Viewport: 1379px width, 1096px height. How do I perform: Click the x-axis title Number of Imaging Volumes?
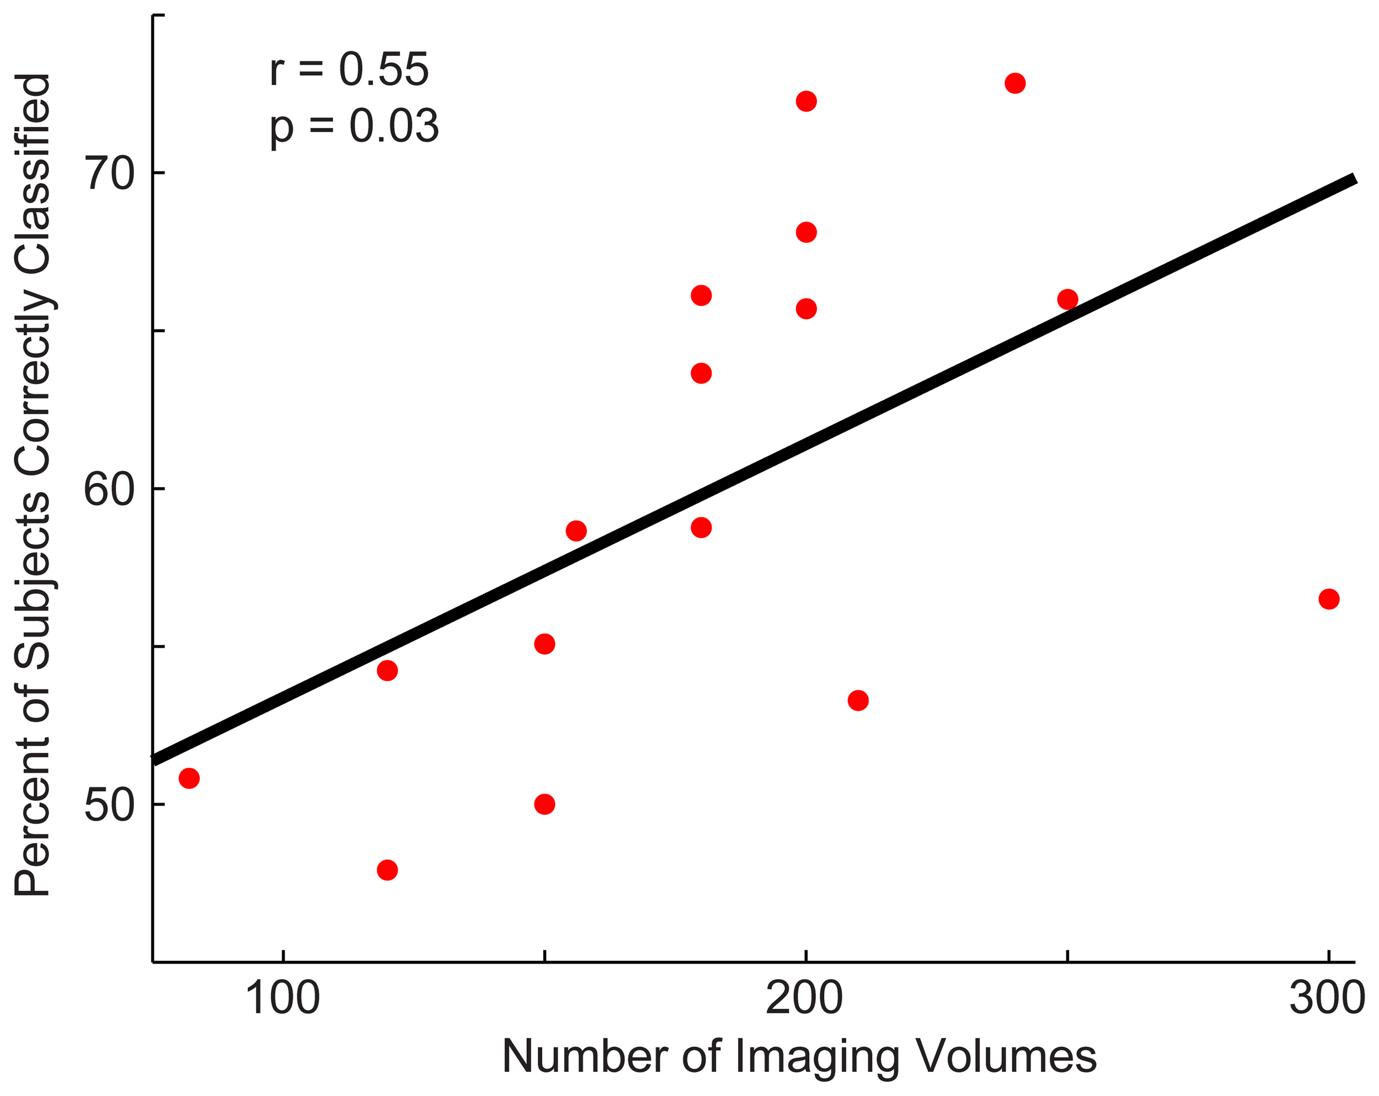pyautogui.click(x=799, y=1056)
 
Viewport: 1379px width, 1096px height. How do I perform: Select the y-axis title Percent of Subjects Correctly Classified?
pyautogui.click(x=33, y=486)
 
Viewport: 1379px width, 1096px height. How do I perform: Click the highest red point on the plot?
pyautogui.click(x=1015, y=83)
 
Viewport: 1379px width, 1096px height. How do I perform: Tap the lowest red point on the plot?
pyautogui.click(x=387, y=870)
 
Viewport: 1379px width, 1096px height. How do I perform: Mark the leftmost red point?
pyautogui.click(x=189, y=778)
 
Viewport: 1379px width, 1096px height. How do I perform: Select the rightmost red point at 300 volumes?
pyautogui.click(x=1328, y=599)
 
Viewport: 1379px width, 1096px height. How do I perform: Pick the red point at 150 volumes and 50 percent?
pyautogui.click(x=544, y=804)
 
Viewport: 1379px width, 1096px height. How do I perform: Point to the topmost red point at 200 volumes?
pyautogui.click(x=806, y=101)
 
